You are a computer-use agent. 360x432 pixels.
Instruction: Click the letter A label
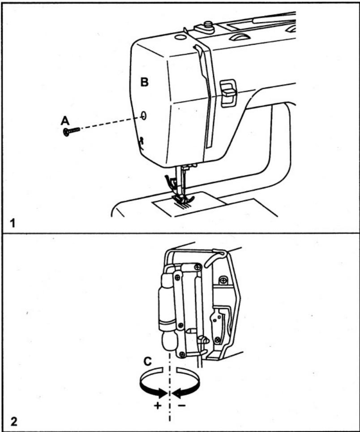[65, 120]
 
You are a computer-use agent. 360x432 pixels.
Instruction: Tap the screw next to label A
[71, 131]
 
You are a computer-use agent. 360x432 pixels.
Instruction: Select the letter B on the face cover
[145, 82]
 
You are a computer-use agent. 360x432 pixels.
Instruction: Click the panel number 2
[14, 421]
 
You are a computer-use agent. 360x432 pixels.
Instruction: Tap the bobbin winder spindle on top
[208, 26]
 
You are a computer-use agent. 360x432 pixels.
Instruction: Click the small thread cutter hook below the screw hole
[141, 143]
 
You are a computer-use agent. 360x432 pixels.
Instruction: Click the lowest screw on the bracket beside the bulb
[182, 355]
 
